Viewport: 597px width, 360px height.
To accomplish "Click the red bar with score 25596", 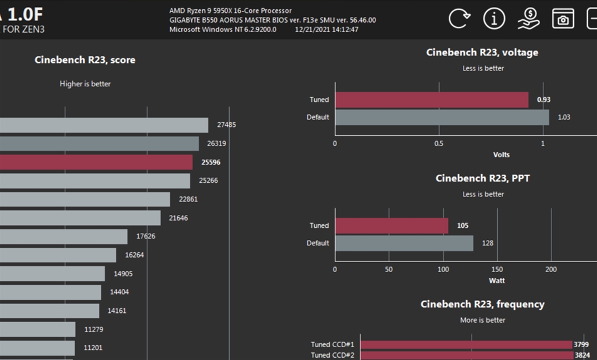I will [96, 162].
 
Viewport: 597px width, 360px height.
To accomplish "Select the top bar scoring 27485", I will [104, 125].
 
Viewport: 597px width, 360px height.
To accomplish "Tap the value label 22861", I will [188, 199].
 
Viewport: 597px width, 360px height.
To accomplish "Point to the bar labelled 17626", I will [64, 237].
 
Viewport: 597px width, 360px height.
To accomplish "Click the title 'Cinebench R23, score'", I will [85, 59].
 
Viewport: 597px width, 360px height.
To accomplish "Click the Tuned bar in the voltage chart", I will [431, 100].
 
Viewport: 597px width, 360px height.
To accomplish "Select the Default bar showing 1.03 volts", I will [442, 117].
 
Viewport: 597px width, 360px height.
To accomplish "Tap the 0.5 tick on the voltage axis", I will [439, 143].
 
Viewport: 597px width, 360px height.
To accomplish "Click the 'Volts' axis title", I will [501, 154].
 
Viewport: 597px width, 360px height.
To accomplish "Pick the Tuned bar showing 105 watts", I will [392, 225].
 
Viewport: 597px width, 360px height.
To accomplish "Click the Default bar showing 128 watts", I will [404, 243].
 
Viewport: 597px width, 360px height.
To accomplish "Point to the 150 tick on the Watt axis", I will [497, 269].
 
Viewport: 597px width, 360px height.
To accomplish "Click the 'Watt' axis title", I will [497, 280].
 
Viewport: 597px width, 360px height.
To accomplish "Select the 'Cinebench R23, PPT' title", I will [482, 178].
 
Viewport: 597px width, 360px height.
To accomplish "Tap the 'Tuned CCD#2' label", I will [332, 355].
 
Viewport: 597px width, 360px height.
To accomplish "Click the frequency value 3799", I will [581, 344].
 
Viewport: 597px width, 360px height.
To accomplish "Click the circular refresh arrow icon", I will [459, 19].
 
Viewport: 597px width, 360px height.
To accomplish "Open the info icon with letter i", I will [494, 19].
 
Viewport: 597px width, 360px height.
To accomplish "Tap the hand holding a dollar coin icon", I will [528, 19].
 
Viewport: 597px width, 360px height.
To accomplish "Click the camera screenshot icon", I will [563, 19].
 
